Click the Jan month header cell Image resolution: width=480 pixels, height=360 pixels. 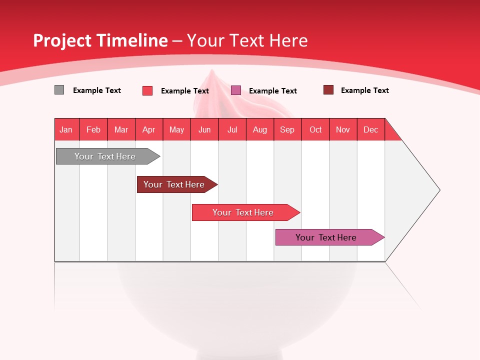[x=66, y=129]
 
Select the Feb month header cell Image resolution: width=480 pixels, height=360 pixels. [x=93, y=129]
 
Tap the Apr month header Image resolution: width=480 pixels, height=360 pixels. [x=149, y=129]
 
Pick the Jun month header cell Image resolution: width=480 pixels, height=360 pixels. [x=204, y=129]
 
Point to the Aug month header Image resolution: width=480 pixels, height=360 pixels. [x=260, y=129]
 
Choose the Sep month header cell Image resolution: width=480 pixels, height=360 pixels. [x=287, y=129]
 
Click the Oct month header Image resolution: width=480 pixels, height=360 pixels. [x=315, y=129]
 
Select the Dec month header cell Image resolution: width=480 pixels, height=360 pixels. [x=371, y=129]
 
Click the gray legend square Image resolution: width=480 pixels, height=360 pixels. [x=59, y=90]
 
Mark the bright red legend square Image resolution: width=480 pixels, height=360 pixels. [x=147, y=90]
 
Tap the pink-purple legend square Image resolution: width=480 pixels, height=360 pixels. [x=236, y=90]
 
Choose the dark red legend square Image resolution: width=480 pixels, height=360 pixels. [x=328, y=90]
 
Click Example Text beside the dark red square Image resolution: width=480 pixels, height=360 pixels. [x=364, y=90]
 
